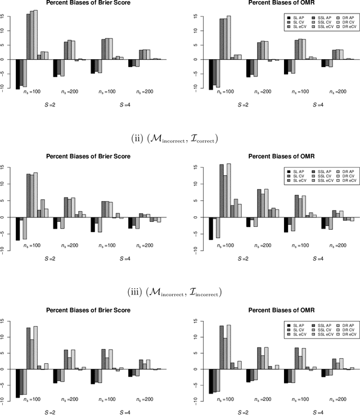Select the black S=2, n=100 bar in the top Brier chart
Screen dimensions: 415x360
click(x=17, y=74)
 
